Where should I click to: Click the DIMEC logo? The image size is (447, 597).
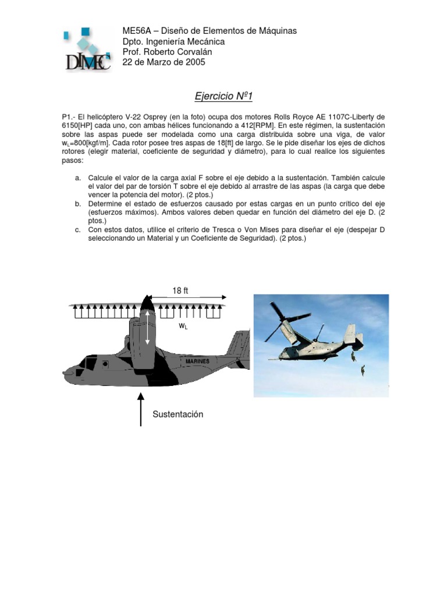point(87,51)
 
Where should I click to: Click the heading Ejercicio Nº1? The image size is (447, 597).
point(223,94)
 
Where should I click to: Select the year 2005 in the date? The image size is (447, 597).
point(195,62)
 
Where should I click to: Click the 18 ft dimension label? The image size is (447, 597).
point(180,290)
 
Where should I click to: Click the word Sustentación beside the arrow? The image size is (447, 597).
point(178,414)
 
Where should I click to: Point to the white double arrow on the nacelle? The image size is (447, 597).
point(147,327)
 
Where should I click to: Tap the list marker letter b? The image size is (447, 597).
point(77,203)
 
